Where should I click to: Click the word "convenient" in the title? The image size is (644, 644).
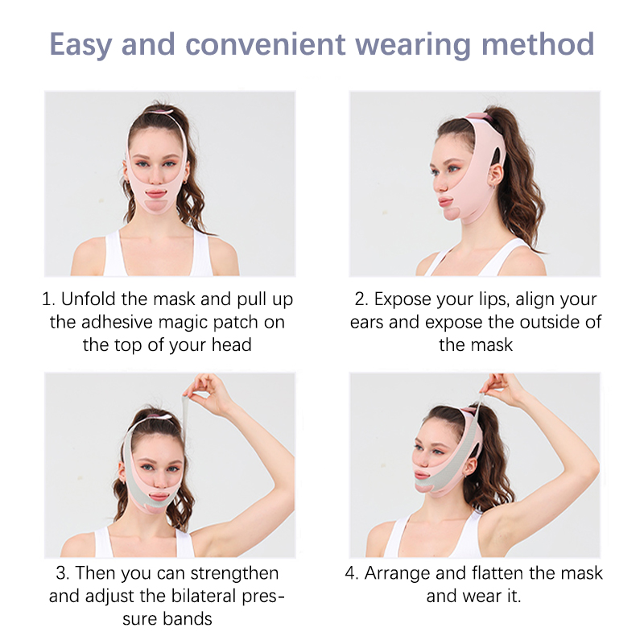point(266,44)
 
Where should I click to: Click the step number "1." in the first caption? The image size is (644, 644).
point(48,299)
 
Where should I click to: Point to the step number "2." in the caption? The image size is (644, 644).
point(361,299)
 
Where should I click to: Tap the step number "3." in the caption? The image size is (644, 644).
point(63,573)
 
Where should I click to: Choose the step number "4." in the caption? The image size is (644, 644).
point(352,573)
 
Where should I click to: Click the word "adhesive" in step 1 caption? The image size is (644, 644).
point(117,322)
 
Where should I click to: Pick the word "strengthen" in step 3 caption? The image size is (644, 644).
point(234,573)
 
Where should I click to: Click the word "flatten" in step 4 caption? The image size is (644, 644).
point(497,573)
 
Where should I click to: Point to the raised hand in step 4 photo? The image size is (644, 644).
point(500,386)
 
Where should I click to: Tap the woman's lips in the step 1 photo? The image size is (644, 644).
point(156,193)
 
